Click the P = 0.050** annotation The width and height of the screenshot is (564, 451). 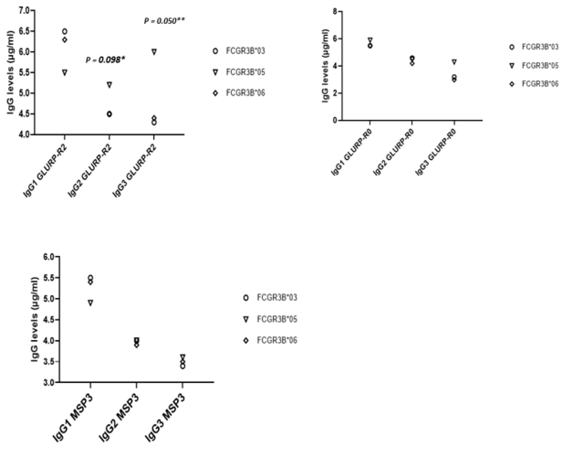(x=164, y=21)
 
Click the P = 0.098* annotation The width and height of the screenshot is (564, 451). (x=105, y=60)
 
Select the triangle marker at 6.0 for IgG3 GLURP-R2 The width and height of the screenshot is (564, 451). (x=154, y=52)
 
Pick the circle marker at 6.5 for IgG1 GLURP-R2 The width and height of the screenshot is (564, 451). (x=65, y=31)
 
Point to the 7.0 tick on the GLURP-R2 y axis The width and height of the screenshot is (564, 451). (x=25, y=11)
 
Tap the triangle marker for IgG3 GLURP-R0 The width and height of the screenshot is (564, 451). (x=454, y=62)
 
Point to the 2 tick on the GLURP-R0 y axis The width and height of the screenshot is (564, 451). (x=334, y=93)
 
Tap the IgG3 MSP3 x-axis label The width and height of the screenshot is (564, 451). (x=165, y=419)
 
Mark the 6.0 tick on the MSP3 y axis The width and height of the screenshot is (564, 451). (x=50, y=257)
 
